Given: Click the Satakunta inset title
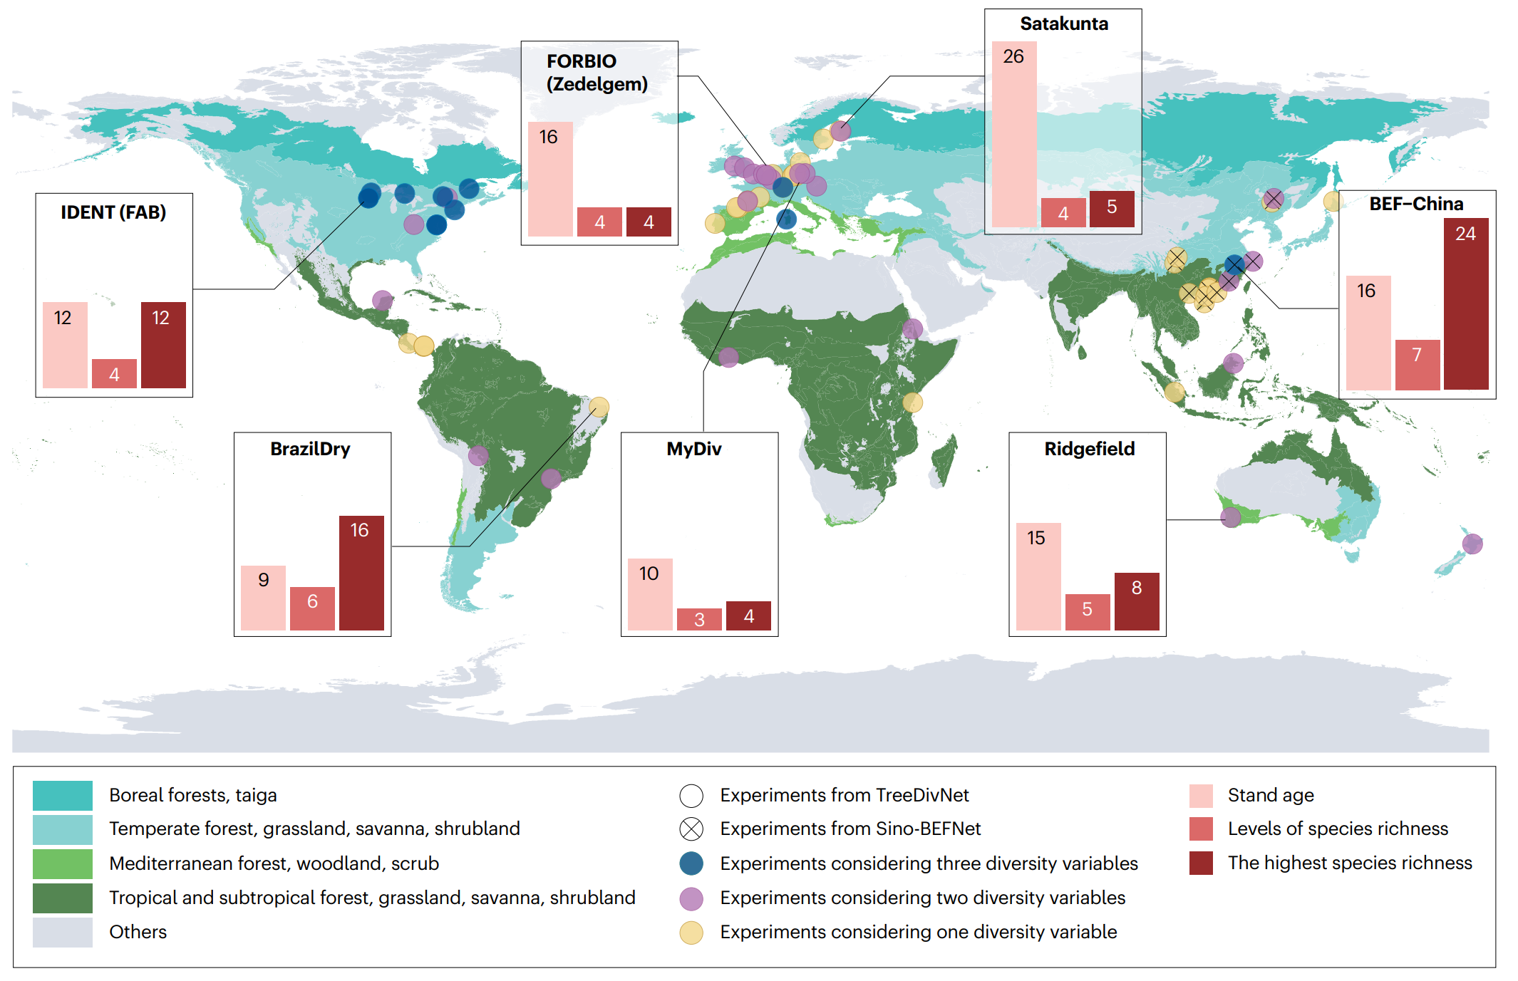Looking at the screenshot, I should click(x=1063, y=24).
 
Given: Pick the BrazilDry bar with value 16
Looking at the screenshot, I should click(x=361, y=573).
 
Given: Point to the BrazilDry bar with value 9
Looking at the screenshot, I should click(x=263, y=598).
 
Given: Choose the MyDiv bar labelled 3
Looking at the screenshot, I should click(x=699, y=619).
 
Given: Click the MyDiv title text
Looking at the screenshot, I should click(x=693, y=449).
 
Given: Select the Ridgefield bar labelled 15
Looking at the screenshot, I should click(x=1038, y=576).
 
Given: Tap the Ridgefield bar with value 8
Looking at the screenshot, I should click(x=1136, y=601).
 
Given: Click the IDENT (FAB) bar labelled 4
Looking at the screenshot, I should click(x=114, y=373).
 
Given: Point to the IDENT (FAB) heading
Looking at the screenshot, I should click(x=113, y=212).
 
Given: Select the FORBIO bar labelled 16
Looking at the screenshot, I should click(x=550, y=179).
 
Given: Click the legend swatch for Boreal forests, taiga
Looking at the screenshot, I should click(x=63, y=795).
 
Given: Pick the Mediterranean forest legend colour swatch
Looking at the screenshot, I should click(x=63, y=863).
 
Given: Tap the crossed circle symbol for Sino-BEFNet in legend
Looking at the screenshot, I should click(x=691, y=829).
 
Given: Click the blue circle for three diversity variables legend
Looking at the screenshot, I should click(x=691, y=863).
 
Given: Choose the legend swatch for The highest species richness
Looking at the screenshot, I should click(x=1201, y=863).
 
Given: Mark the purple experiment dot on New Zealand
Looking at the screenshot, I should click(x=1472, y=544).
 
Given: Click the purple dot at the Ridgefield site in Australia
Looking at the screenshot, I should click(x=1230, y=517).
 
